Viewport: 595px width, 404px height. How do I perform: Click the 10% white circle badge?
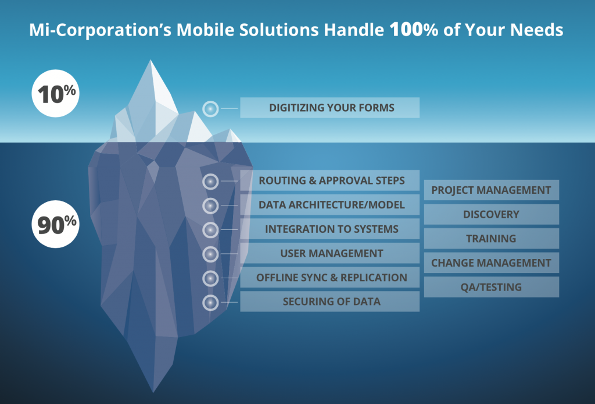click(x=55, y=93)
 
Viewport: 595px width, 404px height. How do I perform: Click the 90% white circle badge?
click(x=55, y=224)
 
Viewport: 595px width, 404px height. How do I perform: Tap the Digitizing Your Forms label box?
click(x=330, y=108)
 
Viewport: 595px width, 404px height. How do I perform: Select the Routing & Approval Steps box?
click(x=330, y=180)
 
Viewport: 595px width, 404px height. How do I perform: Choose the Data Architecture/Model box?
click(x=330, y=205)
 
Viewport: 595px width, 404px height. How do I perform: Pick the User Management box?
click(x=330, y=253)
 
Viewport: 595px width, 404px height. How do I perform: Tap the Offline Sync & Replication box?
click(x=330, y=278)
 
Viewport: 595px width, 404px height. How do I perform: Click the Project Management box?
click(x=492, y=190)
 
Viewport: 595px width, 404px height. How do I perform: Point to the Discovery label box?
click(x=492, y=214)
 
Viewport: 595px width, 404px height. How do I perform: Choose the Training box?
click(x=492, y=239)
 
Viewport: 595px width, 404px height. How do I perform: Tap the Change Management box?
click(x=492, y=263)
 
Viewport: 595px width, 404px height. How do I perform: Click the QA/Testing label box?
click(x=492, y=287)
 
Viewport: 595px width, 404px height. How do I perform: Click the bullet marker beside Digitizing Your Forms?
click(x=210, y=109)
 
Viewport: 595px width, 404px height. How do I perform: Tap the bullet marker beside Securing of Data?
click(x=210, y=303)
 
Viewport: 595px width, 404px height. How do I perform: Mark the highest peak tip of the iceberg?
click(x=150, y=60)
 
